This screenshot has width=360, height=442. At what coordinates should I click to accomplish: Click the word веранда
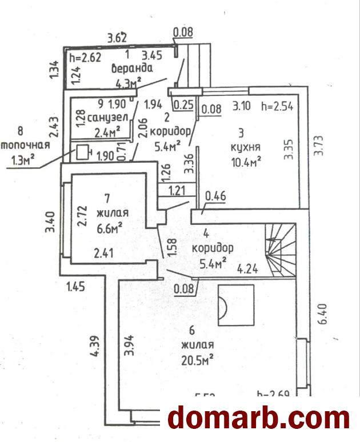(132, 69)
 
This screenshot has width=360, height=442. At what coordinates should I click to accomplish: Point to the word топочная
(25, 146)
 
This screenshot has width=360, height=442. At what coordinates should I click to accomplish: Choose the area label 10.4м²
(243, 162)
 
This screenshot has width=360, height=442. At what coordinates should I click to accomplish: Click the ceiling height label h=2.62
(84, 57)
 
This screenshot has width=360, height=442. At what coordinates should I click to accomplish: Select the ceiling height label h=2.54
(276, 106)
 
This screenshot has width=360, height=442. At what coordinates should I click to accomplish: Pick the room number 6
(192, 330)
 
